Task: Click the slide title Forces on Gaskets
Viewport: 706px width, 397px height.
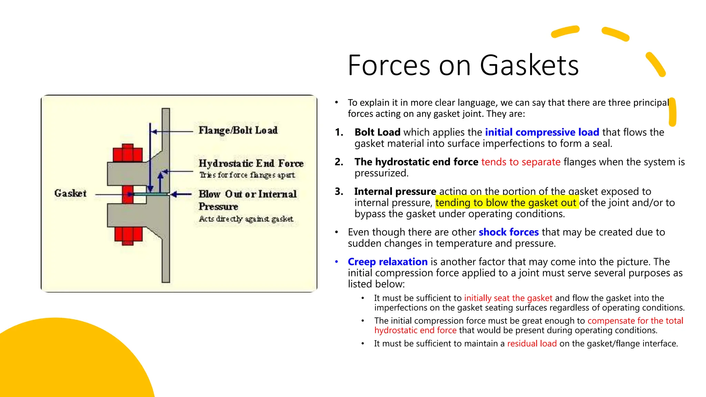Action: pyautogui.click(x=463, y=65)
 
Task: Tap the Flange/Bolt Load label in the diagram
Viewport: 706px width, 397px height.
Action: pyautogui.click(x=238, y=130)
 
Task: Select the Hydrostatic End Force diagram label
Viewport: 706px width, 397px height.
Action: pyautogui.click(x=251, y=163)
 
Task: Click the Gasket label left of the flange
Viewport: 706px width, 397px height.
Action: pyautogui.click(x=70, y=193)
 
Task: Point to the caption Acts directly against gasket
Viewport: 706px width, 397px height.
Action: pyautogui.click(x=246, y=219)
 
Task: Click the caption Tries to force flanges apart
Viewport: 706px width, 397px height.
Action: pyautogui.click(x=247, y=175)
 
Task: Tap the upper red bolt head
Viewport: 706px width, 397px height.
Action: pyautogui.click(x=128, y=153)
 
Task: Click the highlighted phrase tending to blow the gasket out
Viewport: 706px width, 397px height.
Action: pyautogui.click(x=506, y=203)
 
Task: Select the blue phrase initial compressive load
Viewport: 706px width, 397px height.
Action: pyautogui.click(x=542, y=132)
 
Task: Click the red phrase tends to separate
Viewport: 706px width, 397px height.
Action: pyautogui.click(x=521, y=162)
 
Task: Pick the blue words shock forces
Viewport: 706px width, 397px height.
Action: pyautogui.click(x=508, y=232)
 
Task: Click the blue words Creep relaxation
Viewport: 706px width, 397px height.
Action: pyautogui.click(x=387, y=262)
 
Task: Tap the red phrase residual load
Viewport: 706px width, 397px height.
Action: pyautogui.click(x=532, y=344)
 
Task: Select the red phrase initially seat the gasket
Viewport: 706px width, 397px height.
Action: pyautogui.click(x=508, y=298)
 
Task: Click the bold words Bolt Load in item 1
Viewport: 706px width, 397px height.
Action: pyautogui.click(x=377, y=132)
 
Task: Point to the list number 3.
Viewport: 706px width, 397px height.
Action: pyautogui.click(x=339, y=192)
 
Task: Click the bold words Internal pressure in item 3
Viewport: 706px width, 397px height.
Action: pyautogui.click(x=395, y=192)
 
